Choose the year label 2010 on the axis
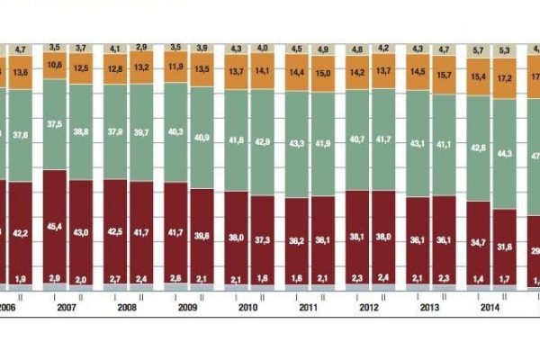tap(249, 307)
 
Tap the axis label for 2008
tap(128, 307)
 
